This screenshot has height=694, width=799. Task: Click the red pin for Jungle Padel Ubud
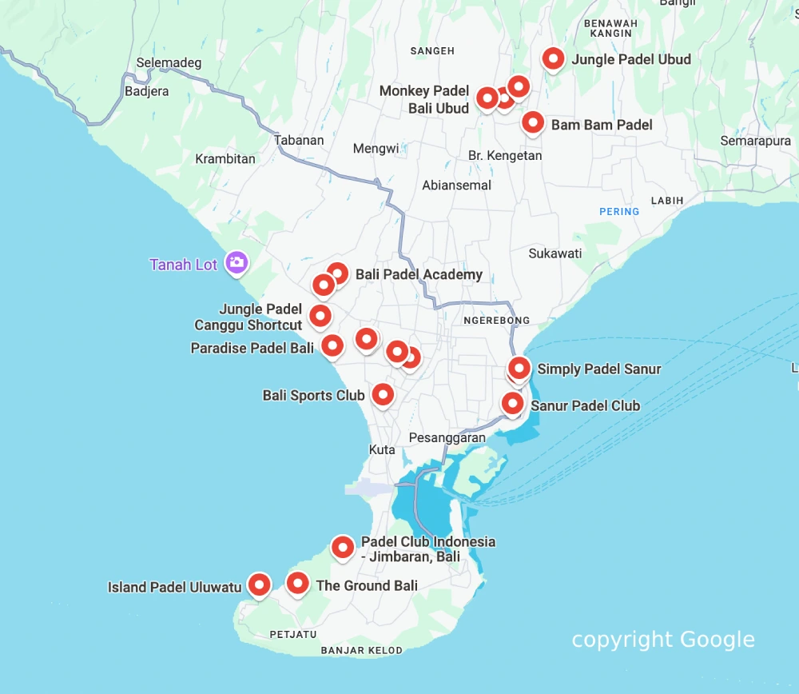point(553,58)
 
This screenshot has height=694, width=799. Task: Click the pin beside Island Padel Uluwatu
point(258,584)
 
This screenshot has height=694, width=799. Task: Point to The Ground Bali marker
point(298,583)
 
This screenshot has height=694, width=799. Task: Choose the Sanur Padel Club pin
point(512,403)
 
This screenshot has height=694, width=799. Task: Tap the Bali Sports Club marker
point(383,393)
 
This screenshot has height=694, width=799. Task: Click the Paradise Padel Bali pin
point(332,345)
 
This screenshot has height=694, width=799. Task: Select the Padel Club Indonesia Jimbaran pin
point(343,547)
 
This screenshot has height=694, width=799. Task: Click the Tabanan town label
point(299,140)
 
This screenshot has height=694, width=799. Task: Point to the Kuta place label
point(382,450)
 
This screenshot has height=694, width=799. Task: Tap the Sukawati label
point(555,253)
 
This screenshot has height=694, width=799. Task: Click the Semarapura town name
point(755,141)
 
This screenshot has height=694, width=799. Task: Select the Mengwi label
point(376,149)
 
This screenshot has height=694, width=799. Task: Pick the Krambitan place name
point(225,158)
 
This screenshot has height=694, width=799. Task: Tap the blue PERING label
point(619,212)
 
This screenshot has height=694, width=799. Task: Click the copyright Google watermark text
point(662,640)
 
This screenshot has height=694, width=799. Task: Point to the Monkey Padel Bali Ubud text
point(424,99)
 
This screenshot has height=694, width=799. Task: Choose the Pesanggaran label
point(447,438)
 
